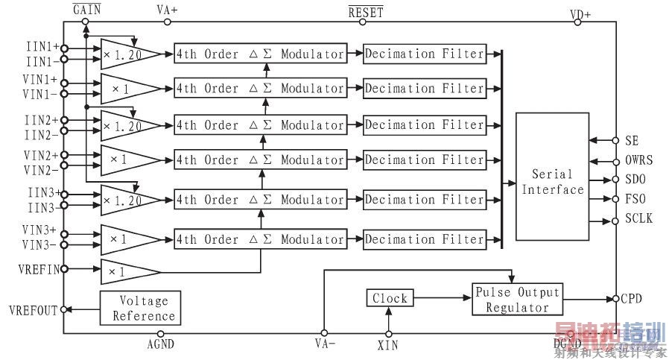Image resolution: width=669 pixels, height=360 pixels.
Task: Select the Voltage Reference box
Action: [x=140, y=309]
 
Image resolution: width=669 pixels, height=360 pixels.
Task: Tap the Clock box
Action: [x=390, y=299]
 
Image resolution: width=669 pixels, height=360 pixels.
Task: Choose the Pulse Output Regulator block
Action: [x=517, y=300]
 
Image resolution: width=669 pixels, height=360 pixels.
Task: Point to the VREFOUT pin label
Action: [x=32, y=310]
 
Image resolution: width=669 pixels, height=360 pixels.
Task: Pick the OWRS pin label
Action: [x=640, y=160]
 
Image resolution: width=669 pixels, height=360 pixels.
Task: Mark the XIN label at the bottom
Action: [x=388, y=347]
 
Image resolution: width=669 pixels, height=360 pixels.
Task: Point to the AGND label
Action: [x=161, y=346]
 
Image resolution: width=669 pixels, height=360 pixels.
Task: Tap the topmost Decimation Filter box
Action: [x=425, y=54]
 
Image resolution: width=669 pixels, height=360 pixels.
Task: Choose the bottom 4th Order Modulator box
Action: [x=260, y=239]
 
